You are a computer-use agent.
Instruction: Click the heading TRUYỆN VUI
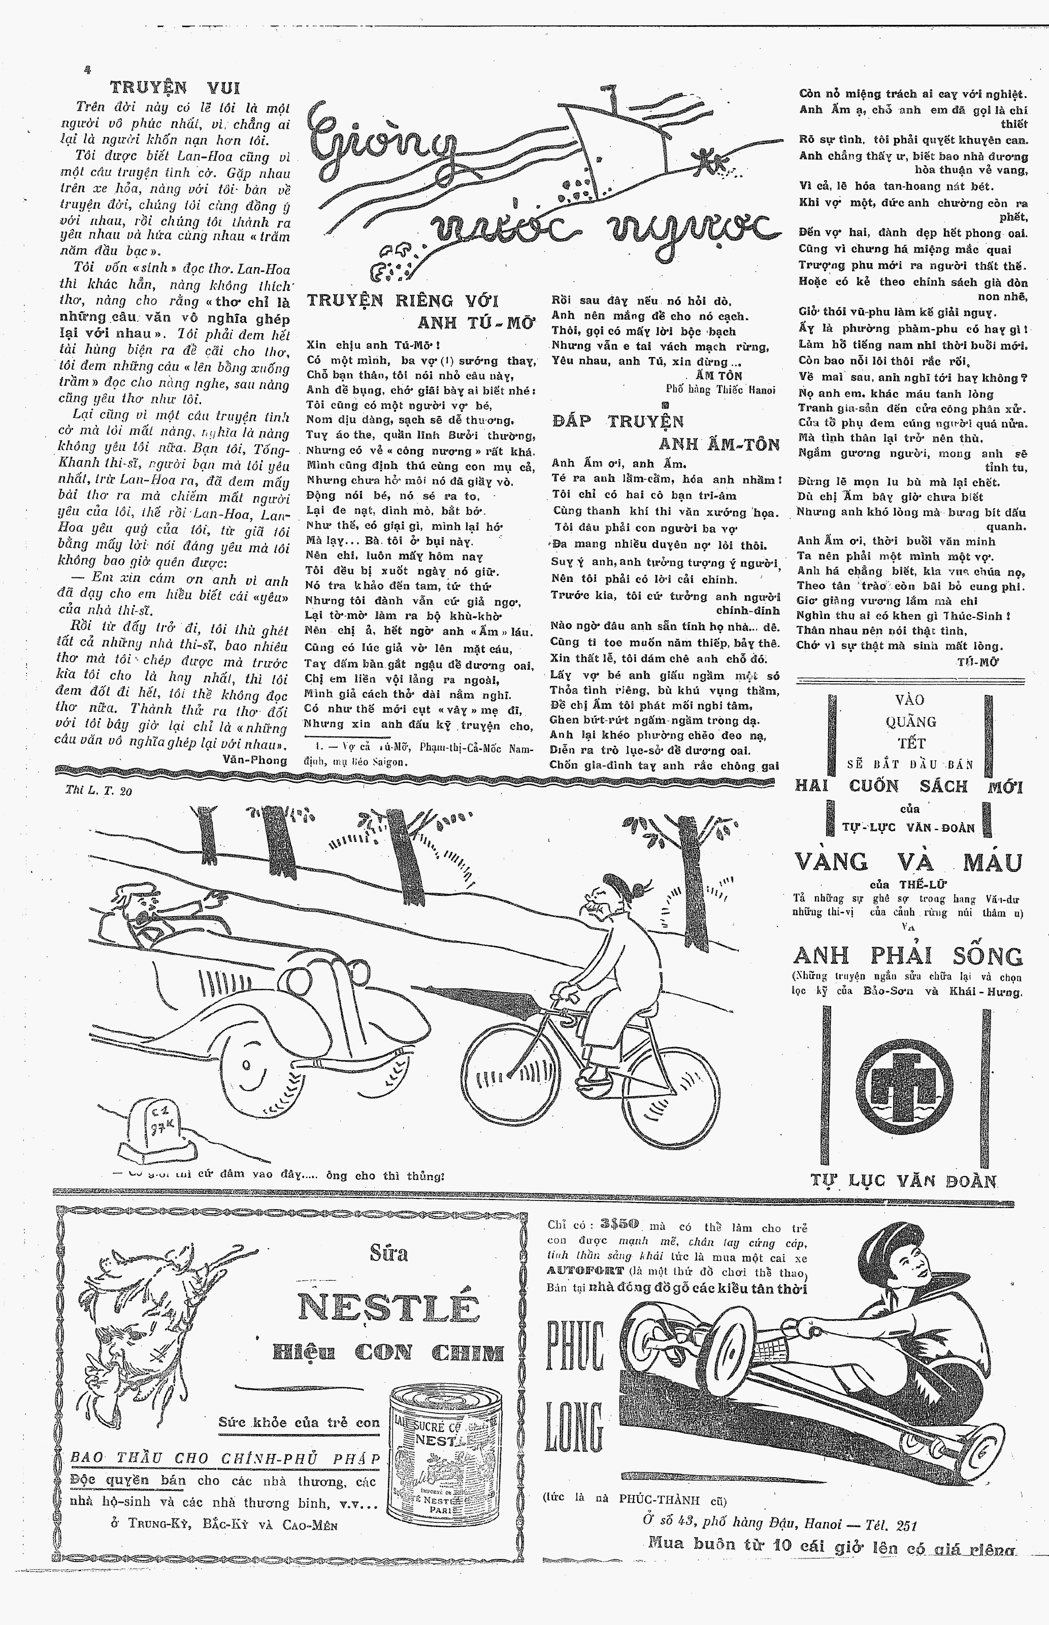(x=175, y=88)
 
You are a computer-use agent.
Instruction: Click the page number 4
(x=86, y=69)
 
